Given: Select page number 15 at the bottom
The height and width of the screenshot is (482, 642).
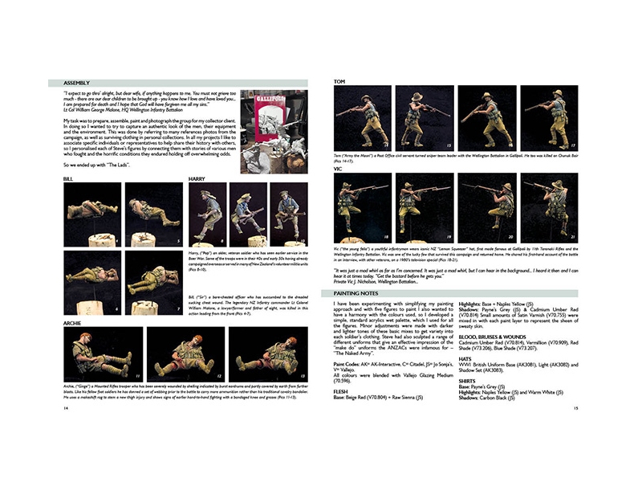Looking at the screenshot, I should click(575, 408).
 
